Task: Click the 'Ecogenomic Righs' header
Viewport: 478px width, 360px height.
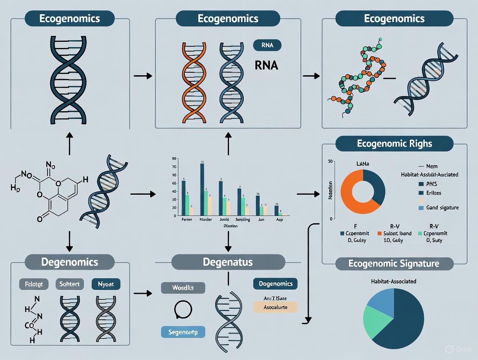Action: (394, 144)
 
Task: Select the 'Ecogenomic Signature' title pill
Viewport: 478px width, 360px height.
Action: (394, 264)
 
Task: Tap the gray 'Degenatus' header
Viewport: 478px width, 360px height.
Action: (228, 262)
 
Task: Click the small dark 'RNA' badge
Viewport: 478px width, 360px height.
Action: (266, 45)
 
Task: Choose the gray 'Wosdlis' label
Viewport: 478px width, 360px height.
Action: (183, 288)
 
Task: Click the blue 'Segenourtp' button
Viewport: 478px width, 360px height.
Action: (183, 332)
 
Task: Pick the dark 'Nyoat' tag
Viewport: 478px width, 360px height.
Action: (106, 284)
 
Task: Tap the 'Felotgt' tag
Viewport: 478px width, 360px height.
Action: (34, 284)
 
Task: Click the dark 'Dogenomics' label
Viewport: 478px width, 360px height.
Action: (275, 284)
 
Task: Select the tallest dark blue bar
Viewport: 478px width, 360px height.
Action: (202, 189)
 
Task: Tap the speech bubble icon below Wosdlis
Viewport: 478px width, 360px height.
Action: (183, 309)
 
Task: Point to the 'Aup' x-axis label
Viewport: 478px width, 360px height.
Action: (280, 220)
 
